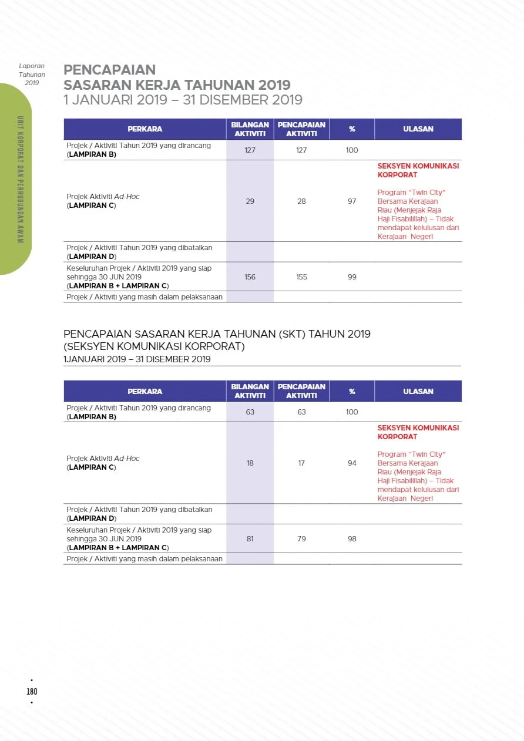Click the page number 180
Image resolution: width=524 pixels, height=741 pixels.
click(32, 691)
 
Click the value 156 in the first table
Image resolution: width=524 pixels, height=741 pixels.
click(250, 277)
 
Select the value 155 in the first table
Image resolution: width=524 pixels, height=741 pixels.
click(301, 277)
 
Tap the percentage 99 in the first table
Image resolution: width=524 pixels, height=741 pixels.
click(352, 277)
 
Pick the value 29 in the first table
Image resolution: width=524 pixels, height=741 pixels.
click(250, 201)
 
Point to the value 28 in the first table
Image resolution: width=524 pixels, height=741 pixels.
click(301, 201)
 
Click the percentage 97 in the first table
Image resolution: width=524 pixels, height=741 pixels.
click(352, 201)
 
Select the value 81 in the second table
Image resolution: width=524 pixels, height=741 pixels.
click(250, 538)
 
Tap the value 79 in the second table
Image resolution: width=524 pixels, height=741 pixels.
click(301, 538)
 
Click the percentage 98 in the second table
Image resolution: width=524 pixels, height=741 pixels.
click(352, 538)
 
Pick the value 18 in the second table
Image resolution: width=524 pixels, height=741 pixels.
click(250, 463)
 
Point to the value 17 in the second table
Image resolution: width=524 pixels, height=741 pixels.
click(301, 463)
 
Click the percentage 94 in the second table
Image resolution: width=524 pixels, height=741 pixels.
click(352, 463)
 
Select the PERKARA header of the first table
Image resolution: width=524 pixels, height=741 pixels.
click(145, 129)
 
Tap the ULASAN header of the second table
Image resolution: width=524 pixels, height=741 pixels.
click(418, 391)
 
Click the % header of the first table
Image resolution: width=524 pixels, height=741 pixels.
click(352, 129)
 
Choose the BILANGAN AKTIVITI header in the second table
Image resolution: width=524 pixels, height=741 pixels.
click(250, 391)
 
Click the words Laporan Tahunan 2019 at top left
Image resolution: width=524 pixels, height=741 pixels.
click(32, 74)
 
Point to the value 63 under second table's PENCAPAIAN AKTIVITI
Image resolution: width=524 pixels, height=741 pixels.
click(301, 412)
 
